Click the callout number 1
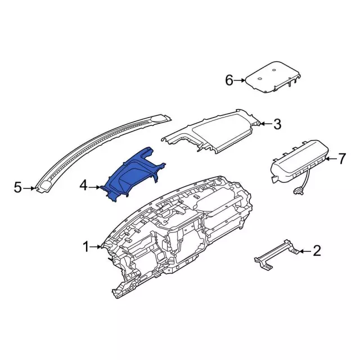click(86, 247)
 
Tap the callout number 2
click(317, 250)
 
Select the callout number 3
click(277, 124)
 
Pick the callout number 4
click(84, 186)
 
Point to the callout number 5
click(17, 187)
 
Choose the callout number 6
click(229, 80)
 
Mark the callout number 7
click(341, 159)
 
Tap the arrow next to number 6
click(240, 80)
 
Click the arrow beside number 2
click(305, 251)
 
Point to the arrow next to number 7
click(331, 159)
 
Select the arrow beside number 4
click(94, 187)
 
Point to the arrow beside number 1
click(95, 247)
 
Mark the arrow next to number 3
click(266, 124)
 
